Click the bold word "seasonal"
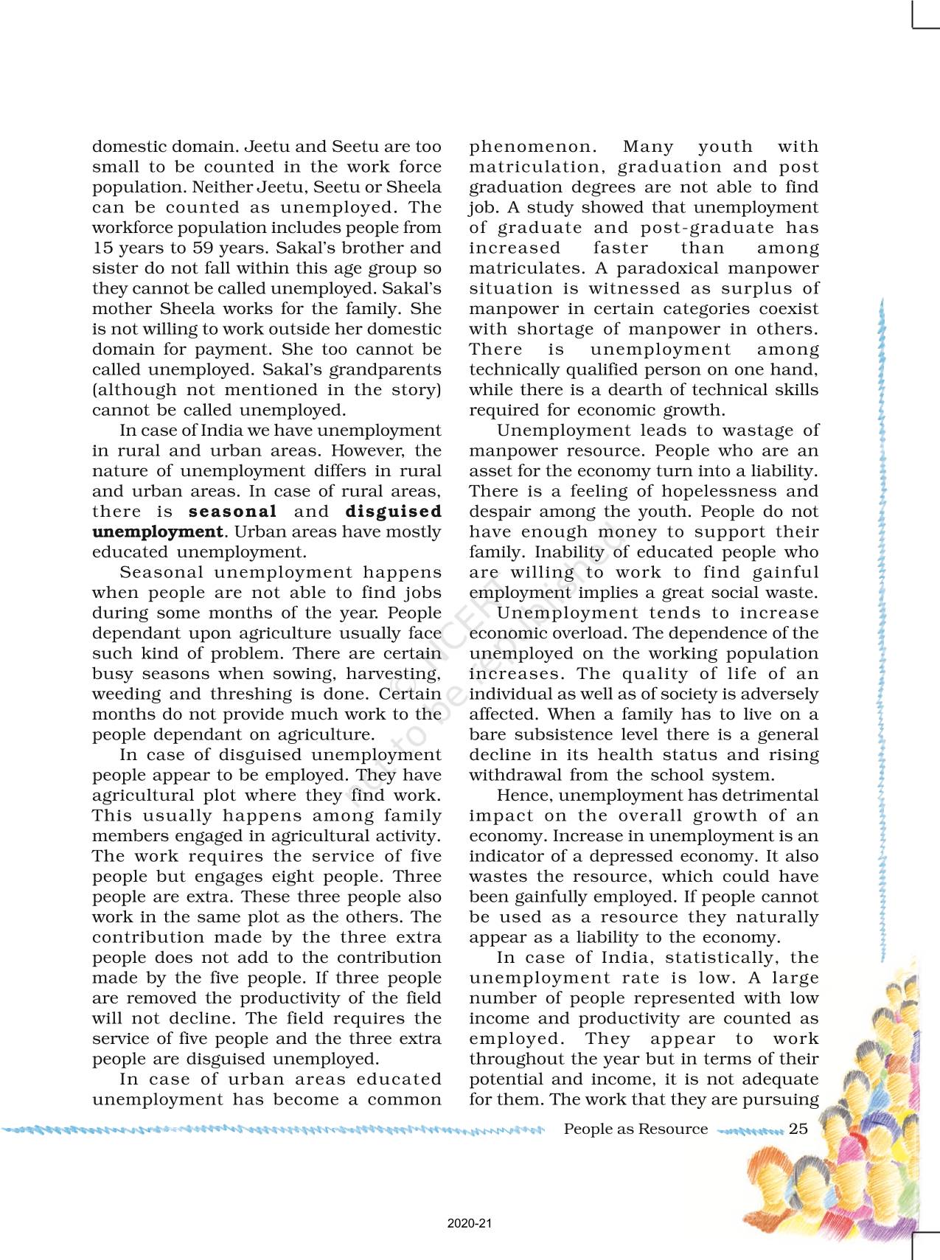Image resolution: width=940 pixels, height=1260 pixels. (x=233, y=512)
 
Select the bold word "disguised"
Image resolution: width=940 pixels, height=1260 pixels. (x=394, y=512)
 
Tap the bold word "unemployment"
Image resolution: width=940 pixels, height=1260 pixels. (x=157, y=532)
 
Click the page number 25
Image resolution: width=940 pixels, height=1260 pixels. (x=798, y=1129)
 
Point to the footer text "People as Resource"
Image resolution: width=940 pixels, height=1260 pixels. (x=636, y=1129)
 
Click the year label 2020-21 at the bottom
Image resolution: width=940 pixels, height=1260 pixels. (x=470, y=1225)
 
